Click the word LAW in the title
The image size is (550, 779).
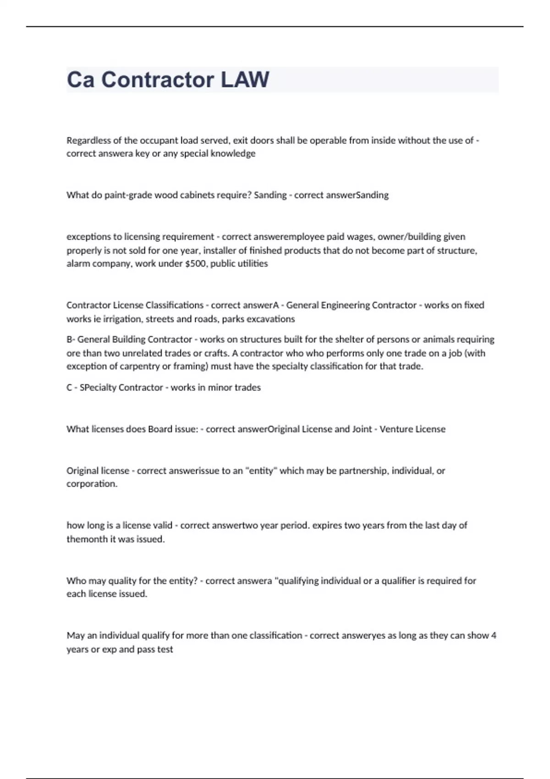(245, 80)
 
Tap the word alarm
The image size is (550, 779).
(78, 263)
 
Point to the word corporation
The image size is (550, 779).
(92, 484)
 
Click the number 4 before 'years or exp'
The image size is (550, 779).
(494, 636)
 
